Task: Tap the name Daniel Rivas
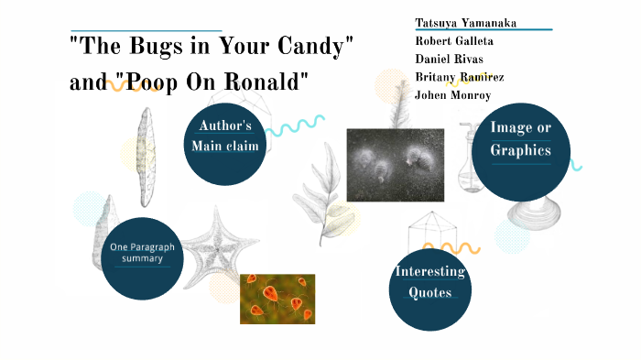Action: click(449, 59)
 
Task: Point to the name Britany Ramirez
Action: click(459, 77)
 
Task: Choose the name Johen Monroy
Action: click(452, 94)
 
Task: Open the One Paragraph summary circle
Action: click(142, 253)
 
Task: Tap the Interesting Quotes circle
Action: click(429, 281)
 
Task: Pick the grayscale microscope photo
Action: click(395, 164)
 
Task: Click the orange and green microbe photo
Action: click(277, 299)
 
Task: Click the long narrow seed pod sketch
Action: click(146, 156)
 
